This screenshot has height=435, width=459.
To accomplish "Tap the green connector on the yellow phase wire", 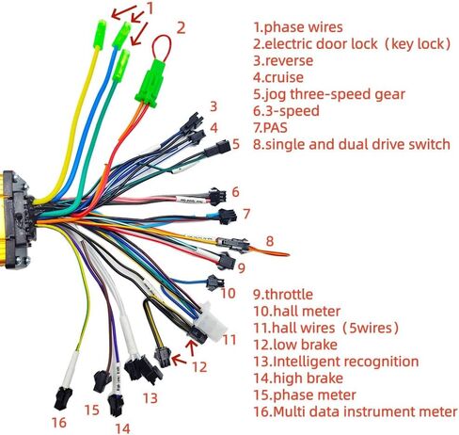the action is pos(100,34).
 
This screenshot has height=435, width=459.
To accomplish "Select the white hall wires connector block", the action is pos(212,321).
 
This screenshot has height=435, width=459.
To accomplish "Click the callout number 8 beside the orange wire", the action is pos(270,241).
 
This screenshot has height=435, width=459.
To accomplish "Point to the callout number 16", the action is pos(59,423).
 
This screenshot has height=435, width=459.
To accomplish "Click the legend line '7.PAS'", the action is pos(270,128).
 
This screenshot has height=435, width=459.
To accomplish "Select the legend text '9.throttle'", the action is pos(283,295).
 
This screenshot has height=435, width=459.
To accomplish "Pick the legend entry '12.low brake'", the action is pos(295,345).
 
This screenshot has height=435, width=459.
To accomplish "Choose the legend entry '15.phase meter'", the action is pos(305,395).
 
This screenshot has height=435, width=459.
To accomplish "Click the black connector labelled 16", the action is pos(63,398).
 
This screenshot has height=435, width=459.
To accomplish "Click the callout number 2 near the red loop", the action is pos(181,28).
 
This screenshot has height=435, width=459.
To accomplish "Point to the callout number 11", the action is pos(229,339).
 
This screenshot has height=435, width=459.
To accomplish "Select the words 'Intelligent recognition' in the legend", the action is pos(346,362).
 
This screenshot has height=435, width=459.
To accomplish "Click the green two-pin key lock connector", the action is pos(151,83).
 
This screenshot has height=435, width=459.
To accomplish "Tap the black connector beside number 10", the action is pos(214,282).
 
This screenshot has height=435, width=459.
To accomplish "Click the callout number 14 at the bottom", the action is pos(122,428).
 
